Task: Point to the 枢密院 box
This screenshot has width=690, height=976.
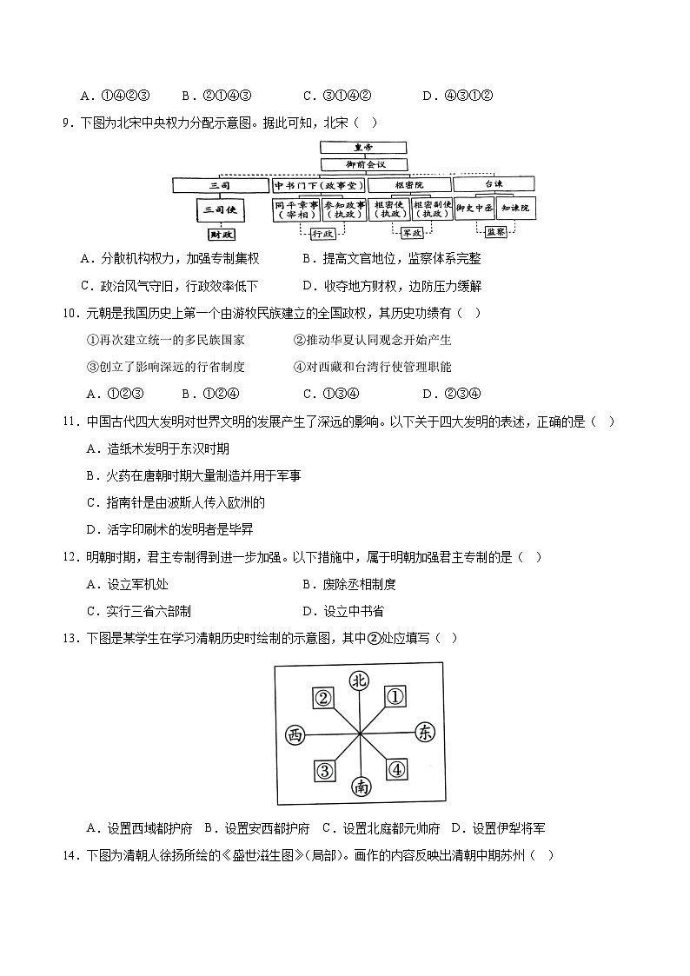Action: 409,185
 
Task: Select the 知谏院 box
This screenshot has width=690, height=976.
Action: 516,209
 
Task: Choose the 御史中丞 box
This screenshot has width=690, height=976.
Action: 474,209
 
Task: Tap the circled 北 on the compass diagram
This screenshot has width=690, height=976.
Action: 359,682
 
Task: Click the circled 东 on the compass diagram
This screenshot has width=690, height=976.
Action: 425,733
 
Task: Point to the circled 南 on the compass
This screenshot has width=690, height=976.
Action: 360,787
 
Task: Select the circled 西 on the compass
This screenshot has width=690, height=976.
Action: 295,735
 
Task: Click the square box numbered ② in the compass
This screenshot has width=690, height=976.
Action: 323,698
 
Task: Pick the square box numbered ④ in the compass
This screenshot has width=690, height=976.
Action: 396,769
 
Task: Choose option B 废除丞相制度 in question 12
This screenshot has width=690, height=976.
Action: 348,585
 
